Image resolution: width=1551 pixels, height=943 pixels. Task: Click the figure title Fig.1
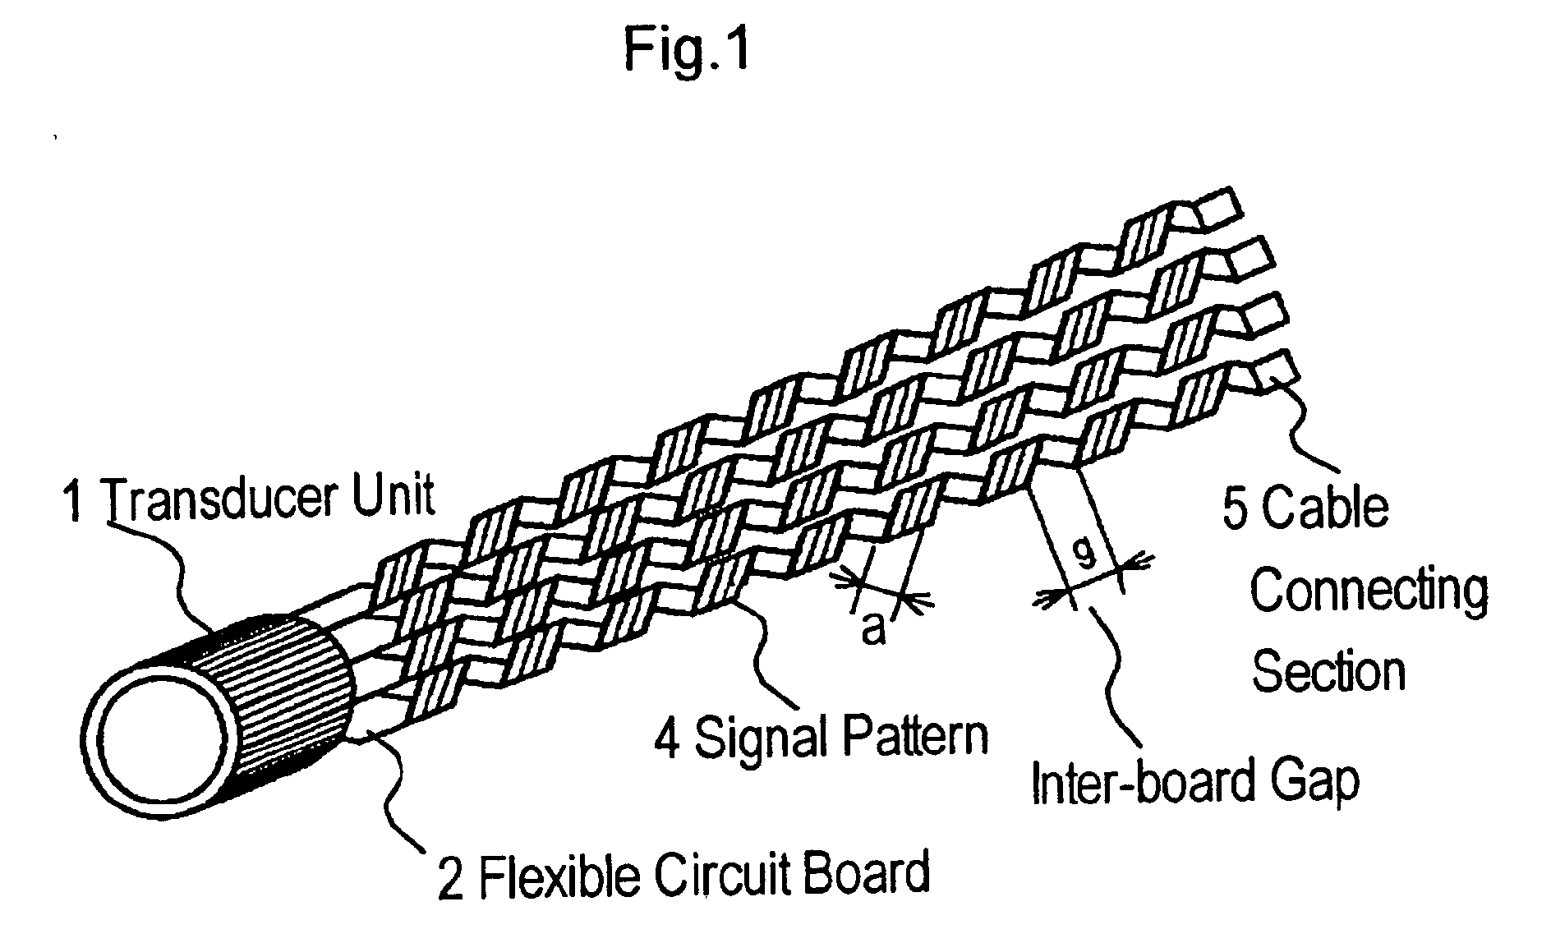687,49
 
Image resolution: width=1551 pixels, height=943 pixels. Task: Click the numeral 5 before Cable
1235,508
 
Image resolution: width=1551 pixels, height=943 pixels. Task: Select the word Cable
1324,507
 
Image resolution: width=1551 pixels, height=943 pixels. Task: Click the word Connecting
1369,591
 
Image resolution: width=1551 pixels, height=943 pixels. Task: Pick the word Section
1328,670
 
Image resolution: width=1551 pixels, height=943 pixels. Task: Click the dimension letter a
873,630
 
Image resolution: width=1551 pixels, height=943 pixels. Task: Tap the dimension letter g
1085,557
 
